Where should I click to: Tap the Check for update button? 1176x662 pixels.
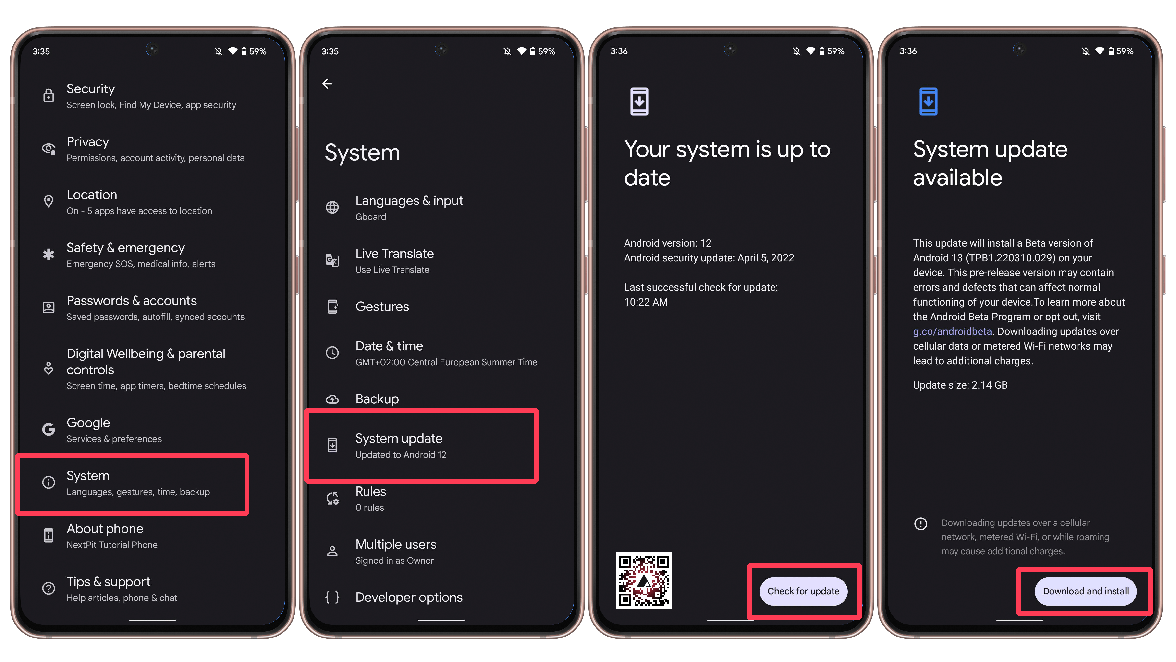(803, 591)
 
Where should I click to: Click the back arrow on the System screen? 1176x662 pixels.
(327, 84)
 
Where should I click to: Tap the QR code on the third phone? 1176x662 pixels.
(644, 581)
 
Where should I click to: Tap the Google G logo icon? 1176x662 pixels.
(49, 430)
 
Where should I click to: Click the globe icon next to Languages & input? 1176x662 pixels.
(332, 207)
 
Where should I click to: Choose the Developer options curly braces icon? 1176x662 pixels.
(332, 597)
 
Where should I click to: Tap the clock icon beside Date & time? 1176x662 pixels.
(332, 353)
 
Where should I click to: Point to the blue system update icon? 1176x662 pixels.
(928, 102)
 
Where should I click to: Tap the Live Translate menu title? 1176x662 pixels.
(394, 254)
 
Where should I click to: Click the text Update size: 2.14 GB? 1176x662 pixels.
(960, 385)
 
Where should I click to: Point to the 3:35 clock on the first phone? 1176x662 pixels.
(41, 51)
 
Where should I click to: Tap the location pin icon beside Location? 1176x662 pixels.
(49, 202)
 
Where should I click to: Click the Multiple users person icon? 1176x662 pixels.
(332, 551)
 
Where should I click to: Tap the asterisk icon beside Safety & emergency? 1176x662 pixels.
(49, 255)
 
